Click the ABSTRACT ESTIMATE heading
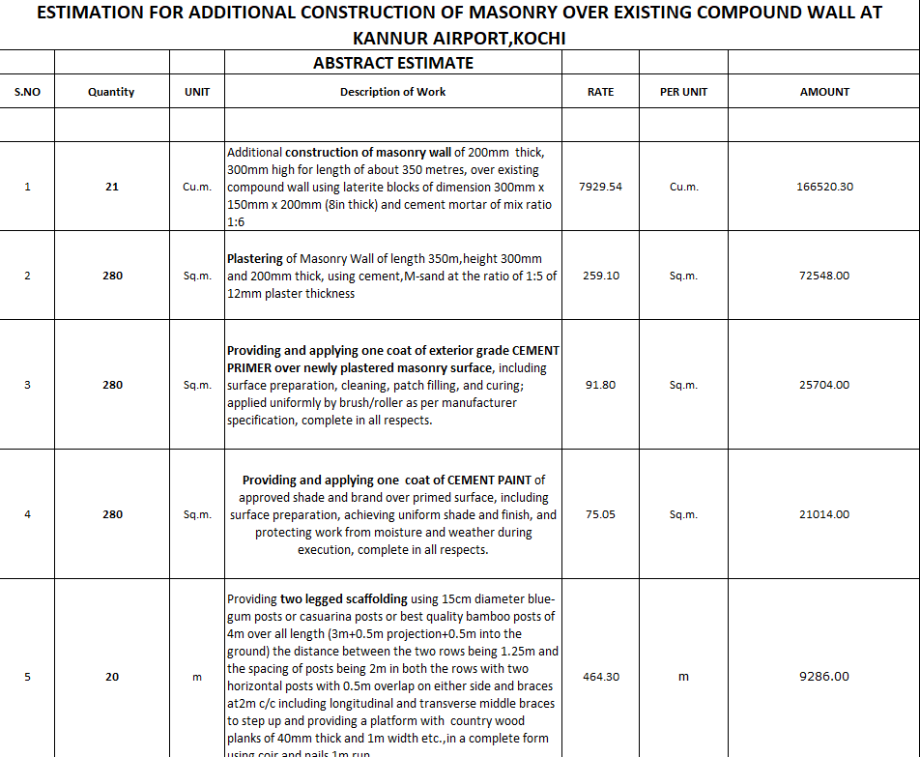click(x=392, y=63)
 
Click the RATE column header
click(x=600, y=92)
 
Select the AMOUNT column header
click(x=824, y=92)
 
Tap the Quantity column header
click(x=111, y=92)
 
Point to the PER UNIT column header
click(x=683, y=92)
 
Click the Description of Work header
click(x=392, y=92)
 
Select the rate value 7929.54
click(x=600, y=187)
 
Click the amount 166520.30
click(x=824, y=187)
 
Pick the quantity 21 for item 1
click(x=112, y=187)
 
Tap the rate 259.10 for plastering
click(x=600, y=276)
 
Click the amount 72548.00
click(x=824, y=276)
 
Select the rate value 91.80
click(x=600, y=385)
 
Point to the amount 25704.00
click(x=824, y=385)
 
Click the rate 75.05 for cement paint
click(x=600, y=514)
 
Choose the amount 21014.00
click(x=824, y=514)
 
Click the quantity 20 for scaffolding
click(x=112, y=677)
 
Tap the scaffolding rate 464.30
click(x=600, y=677)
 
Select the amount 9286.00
click(x=824, y=677)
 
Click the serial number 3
click(x=27, y=385)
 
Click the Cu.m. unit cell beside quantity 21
click(x=197, y=187)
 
